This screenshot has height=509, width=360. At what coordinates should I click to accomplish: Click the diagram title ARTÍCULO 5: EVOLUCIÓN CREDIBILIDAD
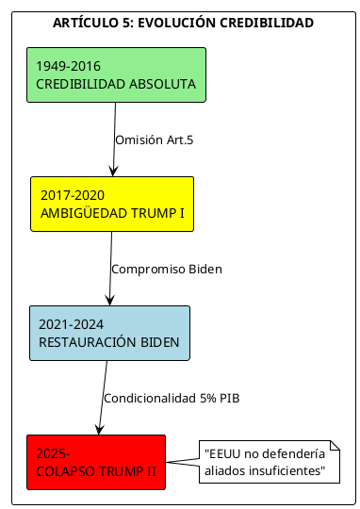pyautogui.click(x=183, y=23)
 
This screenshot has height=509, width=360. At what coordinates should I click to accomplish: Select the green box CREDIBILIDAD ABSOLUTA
pyautogui.click(x=116, y=74)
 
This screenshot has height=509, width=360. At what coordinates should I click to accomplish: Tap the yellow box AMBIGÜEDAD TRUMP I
pyautogui.click(x=111, y=204)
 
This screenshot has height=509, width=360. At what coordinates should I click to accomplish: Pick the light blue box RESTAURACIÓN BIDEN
pyautogui.click(x=108, y=333)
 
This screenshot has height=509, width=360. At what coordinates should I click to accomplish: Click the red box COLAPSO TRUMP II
pyautogui.click(x=96, y=462)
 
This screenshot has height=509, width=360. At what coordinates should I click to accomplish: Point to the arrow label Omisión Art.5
pyautogui.click(x=154, y=140)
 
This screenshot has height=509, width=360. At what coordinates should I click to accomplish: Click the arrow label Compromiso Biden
pyautogui.click(x=166, y=269)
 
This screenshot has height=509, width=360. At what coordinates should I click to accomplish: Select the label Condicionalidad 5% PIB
pyautogui.click(x=172, y=398)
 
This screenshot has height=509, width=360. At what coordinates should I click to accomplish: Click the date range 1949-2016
pyautogui.click(x=68, y=66)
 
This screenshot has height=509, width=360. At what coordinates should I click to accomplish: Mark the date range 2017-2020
pyautogui.click(x=72, y=195)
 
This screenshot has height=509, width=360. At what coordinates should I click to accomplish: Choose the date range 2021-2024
pyautogui.click(x=71, y=324)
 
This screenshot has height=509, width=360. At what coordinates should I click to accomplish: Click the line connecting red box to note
pyautogui.click(x=182, y=462)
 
